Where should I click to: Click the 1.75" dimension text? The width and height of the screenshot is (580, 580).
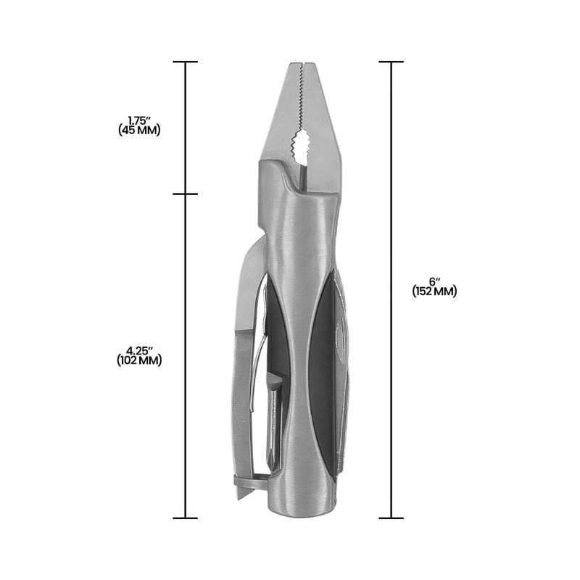click(139, 120)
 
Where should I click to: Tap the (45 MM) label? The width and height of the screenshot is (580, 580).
click(139, 130)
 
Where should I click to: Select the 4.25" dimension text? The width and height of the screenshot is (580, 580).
click(139, 350)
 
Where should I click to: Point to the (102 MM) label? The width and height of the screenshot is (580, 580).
click(139, 360)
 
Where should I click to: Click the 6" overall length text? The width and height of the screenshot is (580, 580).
click(434, 281)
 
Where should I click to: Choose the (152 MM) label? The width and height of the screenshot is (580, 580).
click(434, 291)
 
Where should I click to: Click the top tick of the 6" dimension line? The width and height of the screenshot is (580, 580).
click(391, 62)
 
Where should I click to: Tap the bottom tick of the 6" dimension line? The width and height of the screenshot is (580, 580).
click(391, 518)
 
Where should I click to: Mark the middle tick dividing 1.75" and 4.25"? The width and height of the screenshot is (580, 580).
click(186, 194)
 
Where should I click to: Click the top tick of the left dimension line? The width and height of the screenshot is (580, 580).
click(186, 62)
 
